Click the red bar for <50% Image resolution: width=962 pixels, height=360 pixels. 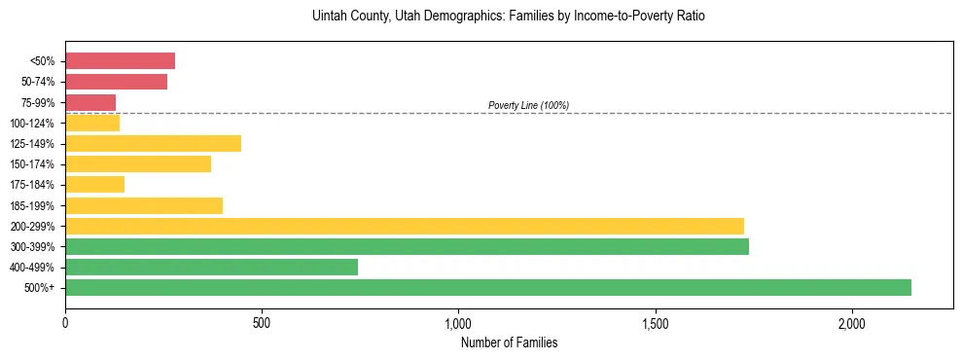[120, 61]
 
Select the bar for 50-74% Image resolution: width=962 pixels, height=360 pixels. [116, 82]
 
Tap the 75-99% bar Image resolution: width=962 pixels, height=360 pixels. [90, 102]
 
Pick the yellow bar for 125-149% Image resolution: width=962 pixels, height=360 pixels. [153, 144]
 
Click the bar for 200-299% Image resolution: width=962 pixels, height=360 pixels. [404, 226]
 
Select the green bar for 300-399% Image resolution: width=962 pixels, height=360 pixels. [407, 246]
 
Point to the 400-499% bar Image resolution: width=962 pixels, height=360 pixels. [211, 267]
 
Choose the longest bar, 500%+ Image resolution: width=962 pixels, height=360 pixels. [487, 287]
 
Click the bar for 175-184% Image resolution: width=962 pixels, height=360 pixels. [94, 185]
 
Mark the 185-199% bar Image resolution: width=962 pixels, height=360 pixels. [144, 205]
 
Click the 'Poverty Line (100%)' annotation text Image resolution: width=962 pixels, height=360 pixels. [528, 105]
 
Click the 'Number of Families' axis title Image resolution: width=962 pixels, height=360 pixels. [509, 342]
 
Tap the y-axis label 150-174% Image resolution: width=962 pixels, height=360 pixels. [32, 164]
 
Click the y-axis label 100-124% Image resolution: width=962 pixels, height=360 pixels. [32, 124]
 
